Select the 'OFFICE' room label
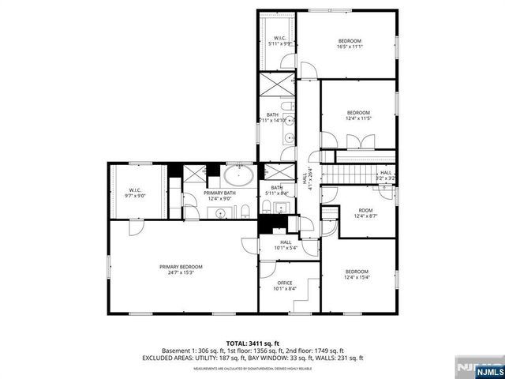pos(284,283)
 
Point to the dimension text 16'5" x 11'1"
pos(350,47)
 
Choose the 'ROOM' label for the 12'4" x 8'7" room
pos(365,209)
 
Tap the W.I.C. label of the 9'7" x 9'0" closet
pos(135,189)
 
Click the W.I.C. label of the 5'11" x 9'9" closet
pos(280,38)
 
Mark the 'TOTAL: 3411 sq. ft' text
pos(252,343)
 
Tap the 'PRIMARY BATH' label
pos(219,193)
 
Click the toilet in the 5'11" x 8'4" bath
pos(267,207)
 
